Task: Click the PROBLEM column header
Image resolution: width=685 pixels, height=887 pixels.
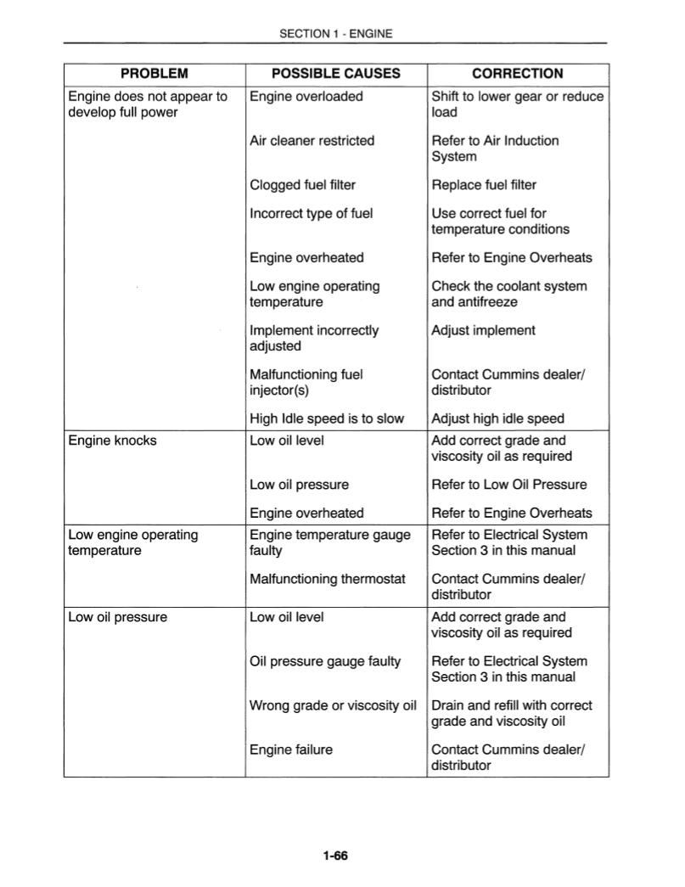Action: pyautogui.click(x=154, y=74)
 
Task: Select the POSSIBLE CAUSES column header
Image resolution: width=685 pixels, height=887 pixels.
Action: pyautogui.click(x=335, y=74)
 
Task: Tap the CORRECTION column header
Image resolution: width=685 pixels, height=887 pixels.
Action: pyautogui.click(x=517, y=74)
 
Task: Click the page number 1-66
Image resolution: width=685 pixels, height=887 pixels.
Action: pyautogui.click(x=335, y=855)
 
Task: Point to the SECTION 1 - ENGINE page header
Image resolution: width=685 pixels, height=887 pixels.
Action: pyautogui.click(x=335, y=34)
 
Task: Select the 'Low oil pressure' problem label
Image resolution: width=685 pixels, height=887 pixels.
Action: pyautogui.click(x=117, y=617)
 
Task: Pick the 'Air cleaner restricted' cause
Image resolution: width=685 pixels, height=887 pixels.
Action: pyautogui.click(x=312, y=140)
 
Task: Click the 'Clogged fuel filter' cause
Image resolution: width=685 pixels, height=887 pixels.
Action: pyautogui.click(x=302, y=185)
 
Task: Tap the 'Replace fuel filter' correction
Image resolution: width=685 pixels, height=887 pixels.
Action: pyautogui.click(x=484, y=185)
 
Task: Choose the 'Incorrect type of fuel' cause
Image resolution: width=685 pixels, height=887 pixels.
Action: pyautogui.click(x=311, y=213)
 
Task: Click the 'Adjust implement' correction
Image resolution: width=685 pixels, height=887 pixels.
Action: pyautogui.click(x=483, y=330)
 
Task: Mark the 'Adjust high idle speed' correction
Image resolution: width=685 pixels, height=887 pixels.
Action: pyautogui.click(x=497, y=418)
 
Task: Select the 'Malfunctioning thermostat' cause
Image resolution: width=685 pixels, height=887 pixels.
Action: pyautogui.click(x=327, y=579)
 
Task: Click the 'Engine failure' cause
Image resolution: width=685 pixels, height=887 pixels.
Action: pyautogui.click(x=290, y=749)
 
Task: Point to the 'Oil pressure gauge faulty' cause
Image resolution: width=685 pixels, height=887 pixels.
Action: pyautogui.click(x=324, y=661)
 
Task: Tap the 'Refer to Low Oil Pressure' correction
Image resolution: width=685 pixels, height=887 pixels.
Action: pyautogui.click(x=508, y=485)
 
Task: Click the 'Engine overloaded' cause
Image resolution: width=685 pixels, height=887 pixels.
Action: pyautogui.click(x=306, y=96)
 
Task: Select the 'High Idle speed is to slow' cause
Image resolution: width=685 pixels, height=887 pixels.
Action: pyautogui.click(x=327, y=418)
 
